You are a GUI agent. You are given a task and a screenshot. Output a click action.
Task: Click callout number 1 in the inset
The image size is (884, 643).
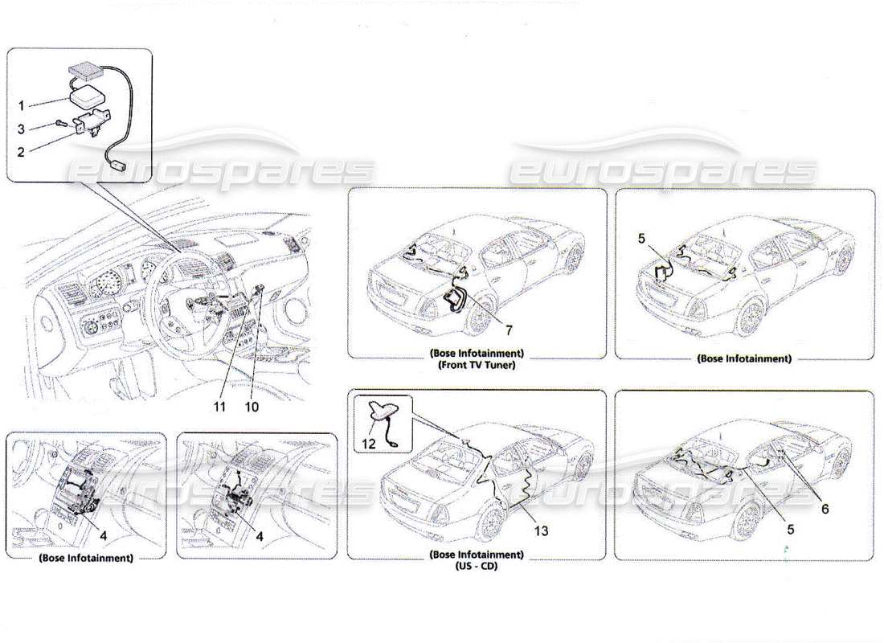tap(23, 104)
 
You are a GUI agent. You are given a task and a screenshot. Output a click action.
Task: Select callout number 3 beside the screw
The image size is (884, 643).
tap(23, 129)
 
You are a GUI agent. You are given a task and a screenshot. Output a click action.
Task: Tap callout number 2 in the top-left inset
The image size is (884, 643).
tap(23, 150)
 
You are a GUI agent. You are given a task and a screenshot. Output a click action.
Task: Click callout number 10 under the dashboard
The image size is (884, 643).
tap(252, 406)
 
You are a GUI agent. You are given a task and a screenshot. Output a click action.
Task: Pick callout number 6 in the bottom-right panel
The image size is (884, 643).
tap(824, 509)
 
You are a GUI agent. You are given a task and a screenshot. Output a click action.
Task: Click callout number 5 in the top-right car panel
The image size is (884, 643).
tap(641, 239)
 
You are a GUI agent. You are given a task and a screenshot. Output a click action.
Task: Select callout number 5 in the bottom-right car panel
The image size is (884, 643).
tap(791, 530)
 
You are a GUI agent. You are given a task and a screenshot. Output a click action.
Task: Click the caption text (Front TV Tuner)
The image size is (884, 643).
tap(477, 364)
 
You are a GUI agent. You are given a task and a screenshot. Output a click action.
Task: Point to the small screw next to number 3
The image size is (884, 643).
tap(60, 123)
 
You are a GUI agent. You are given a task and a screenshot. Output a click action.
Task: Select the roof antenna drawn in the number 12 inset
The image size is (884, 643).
tap(384, 412)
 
